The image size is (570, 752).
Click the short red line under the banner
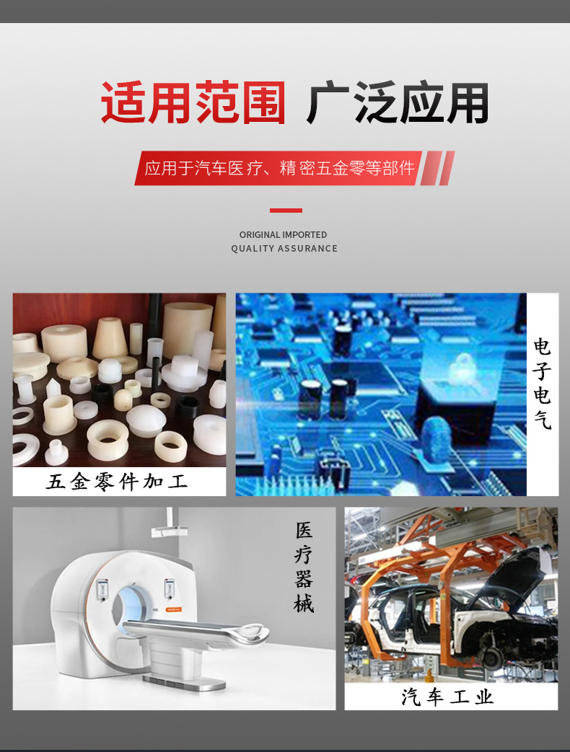286,211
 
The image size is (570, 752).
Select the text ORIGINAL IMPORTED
283,235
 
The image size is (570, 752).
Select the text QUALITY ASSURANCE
284,249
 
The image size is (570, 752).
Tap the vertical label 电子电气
542,384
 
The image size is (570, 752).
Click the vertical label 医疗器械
304,567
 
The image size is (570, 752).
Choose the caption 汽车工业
448,697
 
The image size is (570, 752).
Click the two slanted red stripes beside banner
438,168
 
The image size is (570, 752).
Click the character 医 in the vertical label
304,531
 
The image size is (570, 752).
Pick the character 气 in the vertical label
542,420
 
